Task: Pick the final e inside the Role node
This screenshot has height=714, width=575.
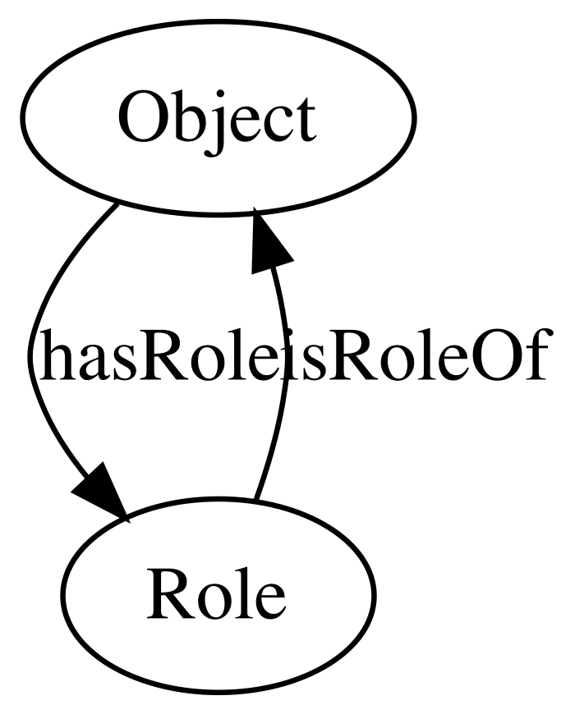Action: pyautogui.click(x=269, y=601)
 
